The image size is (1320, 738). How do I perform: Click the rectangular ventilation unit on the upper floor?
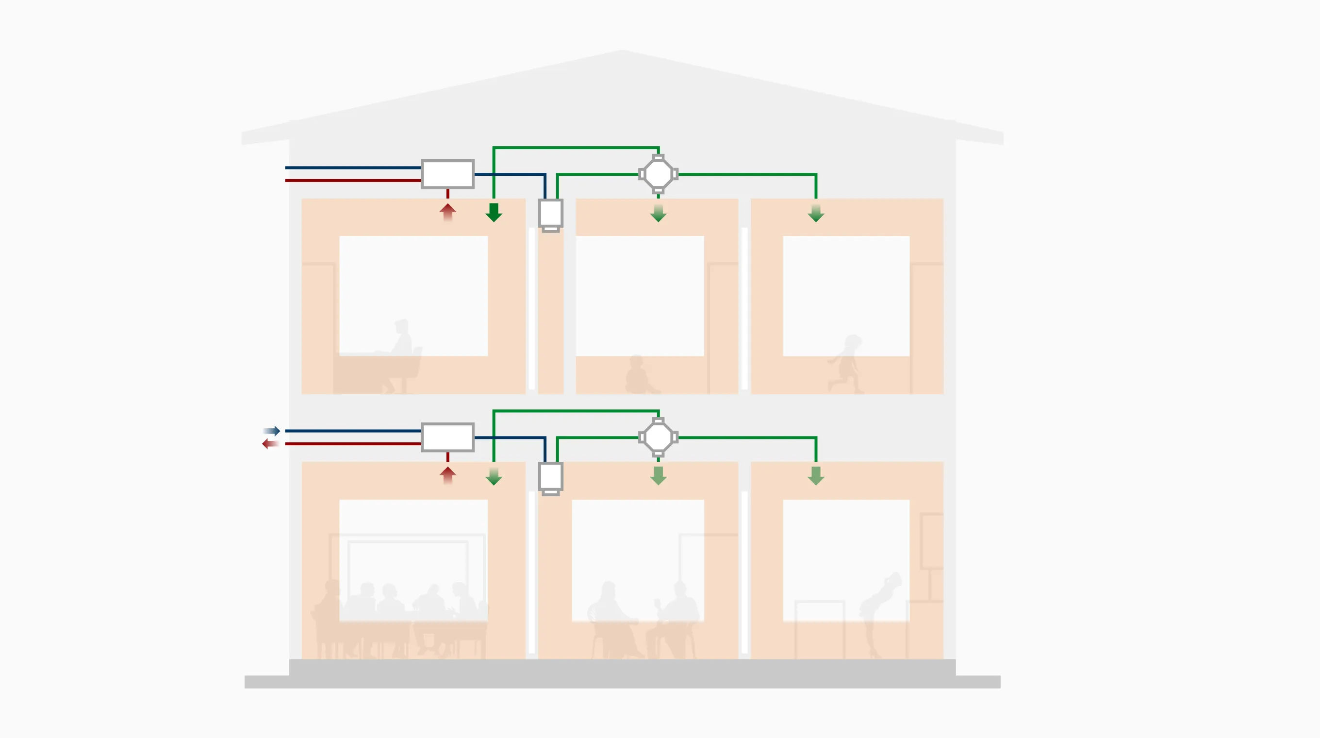point(447,174)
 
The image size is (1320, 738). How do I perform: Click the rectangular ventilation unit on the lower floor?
point(447,437)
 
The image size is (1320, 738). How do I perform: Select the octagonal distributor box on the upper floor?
point(659,174)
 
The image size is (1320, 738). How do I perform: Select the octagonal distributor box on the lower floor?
point(659,437)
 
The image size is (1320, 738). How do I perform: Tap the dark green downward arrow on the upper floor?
point(494,212)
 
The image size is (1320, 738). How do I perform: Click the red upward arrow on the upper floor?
point(447,211)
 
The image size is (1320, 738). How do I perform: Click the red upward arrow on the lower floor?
point(447,474)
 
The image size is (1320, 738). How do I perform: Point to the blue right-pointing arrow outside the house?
point(272,431)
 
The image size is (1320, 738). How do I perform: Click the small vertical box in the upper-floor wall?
point(550,214)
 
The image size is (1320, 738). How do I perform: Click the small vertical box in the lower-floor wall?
point(550,477)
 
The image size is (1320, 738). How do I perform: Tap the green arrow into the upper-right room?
point(816,213)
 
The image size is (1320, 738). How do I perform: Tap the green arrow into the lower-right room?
point(816,476)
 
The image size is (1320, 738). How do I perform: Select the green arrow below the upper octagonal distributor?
point(659,213)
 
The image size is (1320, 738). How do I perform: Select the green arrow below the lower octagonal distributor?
point(659,476)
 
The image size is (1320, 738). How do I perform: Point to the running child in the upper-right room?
point(846,364)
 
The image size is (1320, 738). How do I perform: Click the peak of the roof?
point(622,51)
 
